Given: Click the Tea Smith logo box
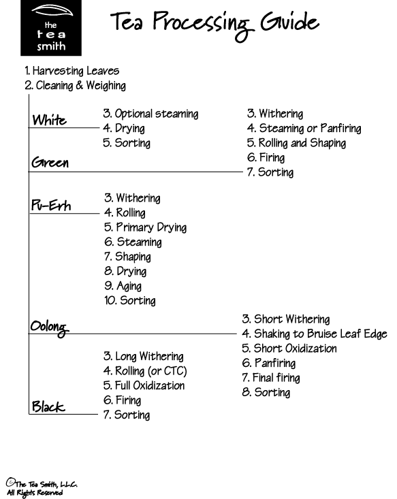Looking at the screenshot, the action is [51, 28].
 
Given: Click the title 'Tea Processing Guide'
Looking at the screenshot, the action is [215, 25].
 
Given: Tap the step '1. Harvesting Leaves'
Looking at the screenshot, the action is [72, 71].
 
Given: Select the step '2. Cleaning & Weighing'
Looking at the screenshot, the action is [75, 85].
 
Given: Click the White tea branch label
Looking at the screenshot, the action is [49, 120].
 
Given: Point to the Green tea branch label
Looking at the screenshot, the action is [50, 162].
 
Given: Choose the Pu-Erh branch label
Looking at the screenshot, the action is [51, 206].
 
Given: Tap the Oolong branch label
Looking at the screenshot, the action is [49, 327].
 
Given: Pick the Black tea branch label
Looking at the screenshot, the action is [48, 406].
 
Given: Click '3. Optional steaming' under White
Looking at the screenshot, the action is [150, 114].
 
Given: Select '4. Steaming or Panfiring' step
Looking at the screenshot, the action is [304, 128].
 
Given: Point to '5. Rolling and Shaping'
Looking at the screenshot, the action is [296, 143].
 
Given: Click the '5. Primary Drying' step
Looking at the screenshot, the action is [146, 227].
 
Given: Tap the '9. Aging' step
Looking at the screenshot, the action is [123, 286].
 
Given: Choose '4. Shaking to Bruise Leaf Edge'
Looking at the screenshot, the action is [315, 334].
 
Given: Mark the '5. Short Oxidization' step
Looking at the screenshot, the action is [289, 349].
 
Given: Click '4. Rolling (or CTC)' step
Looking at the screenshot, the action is [145, 371].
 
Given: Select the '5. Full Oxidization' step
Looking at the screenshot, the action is [144, 386].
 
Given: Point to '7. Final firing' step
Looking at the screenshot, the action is [271, 378].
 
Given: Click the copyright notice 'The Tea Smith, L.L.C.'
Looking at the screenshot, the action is [42, 484].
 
